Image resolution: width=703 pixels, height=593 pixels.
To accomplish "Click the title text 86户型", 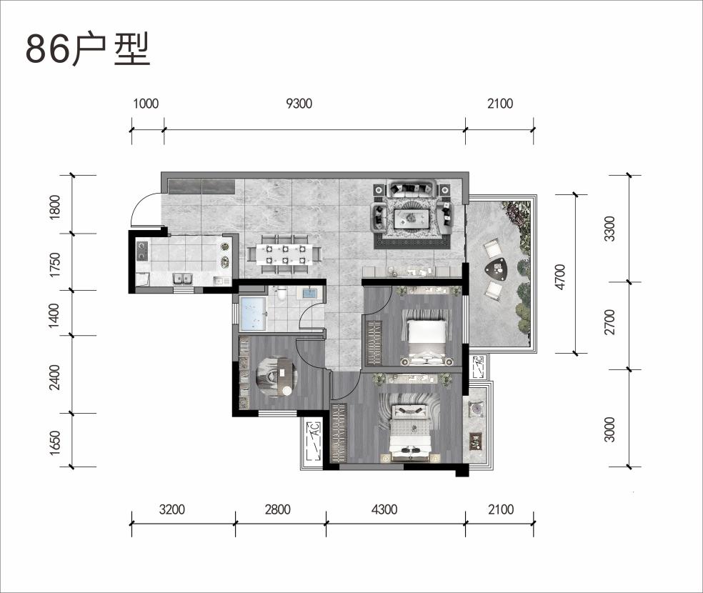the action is point(87,49).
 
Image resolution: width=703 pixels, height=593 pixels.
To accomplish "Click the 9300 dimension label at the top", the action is point(299,104).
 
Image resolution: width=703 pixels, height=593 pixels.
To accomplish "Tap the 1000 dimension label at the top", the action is point(146,104).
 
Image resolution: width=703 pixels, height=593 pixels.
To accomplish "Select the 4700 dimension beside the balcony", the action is point(560,276).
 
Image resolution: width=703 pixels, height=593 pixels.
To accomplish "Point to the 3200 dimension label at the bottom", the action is point(171,509).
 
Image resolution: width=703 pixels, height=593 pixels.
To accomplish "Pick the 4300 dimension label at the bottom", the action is point(384,509).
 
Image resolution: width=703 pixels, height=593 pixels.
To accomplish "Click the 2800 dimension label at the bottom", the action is point(277,509).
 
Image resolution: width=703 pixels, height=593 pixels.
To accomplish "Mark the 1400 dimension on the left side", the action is point(54,315).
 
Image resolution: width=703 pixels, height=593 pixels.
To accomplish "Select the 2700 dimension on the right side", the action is point(609,322).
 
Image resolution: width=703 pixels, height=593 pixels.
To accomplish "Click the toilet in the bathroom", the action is point(281,294).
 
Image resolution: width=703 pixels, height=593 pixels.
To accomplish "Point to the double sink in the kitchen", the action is point(183,279).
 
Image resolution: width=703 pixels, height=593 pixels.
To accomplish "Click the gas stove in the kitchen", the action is point(142,251).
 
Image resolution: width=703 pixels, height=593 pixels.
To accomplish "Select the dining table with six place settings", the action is point(285,254).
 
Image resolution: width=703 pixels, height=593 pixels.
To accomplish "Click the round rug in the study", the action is point(275,377).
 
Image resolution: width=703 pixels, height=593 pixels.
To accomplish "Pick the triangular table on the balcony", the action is point(497,269).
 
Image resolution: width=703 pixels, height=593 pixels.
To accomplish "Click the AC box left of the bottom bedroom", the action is point(312,441).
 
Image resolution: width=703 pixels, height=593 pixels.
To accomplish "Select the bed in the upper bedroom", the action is point(427,335).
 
